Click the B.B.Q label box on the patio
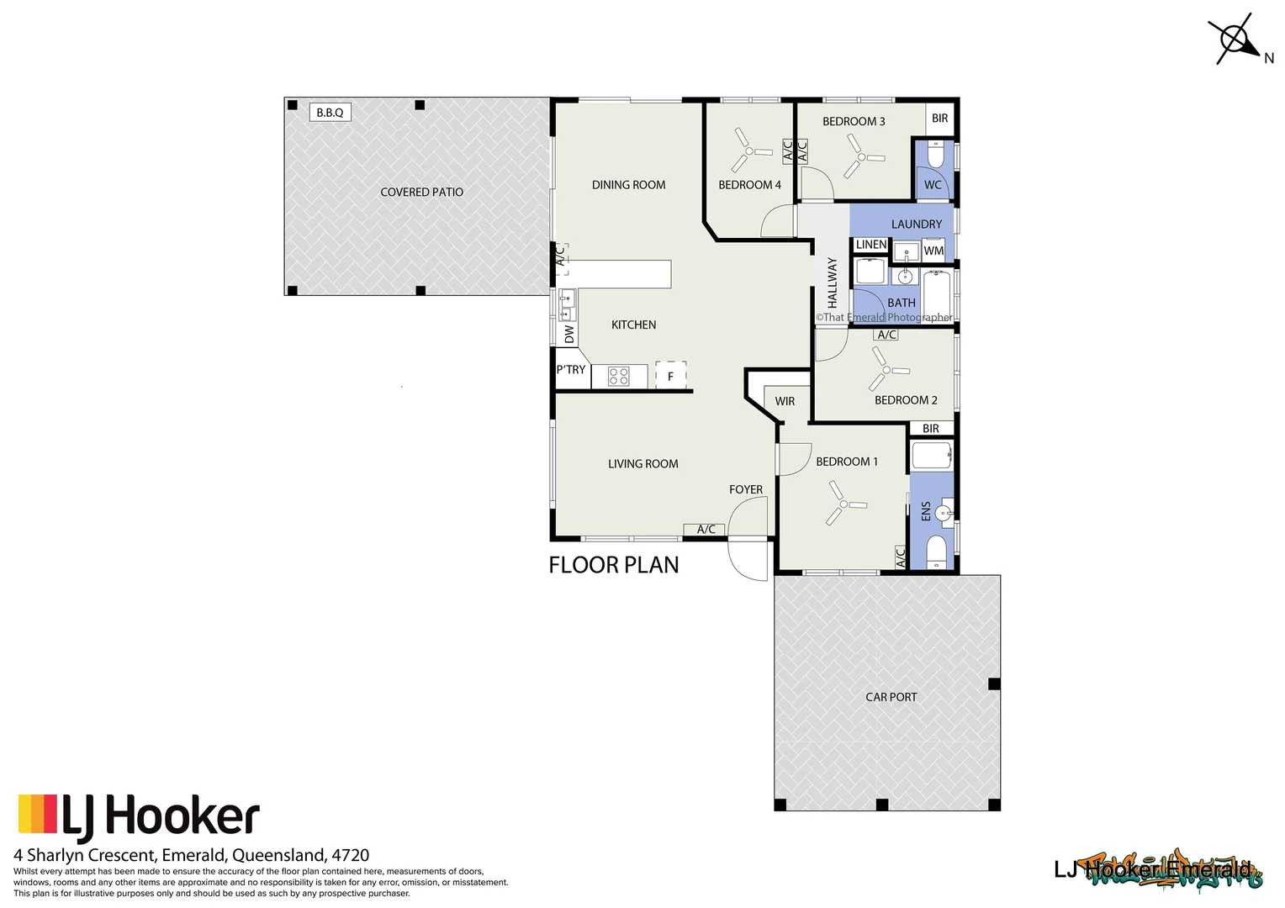click(x=330, y=113)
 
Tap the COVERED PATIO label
click(x=421, y=193)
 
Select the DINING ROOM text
click(x=628, y=185)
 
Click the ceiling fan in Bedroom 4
click(x=748, y=151)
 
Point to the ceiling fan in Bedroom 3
click(x=861, y=157)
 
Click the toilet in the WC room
click(x=935, y=156)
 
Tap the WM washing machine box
click(x=933, y=251)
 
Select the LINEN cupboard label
click(x=870, y=245)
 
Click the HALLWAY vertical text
click(x=833, y=282)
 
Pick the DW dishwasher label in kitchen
click(x=569, y=335)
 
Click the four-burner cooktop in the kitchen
click(x=619, y=377)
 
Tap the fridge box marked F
click(x=670, y=376)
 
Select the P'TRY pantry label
click(x=571, y=370)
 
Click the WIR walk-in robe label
click(x=785, y=401)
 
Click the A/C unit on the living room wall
click(x=706, y=529)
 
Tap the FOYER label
click(x=746, y=489)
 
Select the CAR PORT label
click(x=891, y=697)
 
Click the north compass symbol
click(x=1235, y=40)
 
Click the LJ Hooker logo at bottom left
click(x=139, y=817)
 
